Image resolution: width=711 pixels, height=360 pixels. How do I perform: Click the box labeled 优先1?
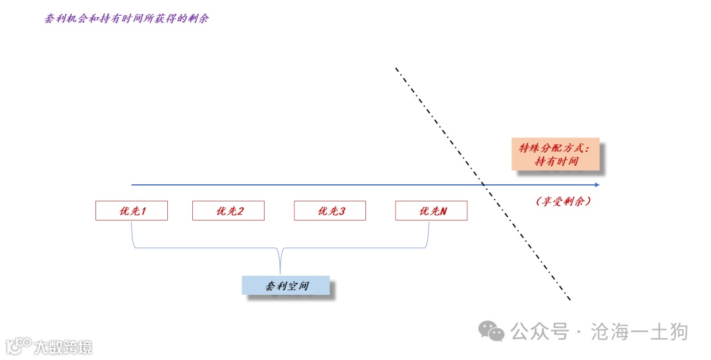pos(132,211)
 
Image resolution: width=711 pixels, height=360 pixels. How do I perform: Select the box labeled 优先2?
pos(228,211)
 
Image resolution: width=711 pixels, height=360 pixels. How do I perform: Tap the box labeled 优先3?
pos(330,211)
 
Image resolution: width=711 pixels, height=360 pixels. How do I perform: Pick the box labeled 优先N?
pos(431,211)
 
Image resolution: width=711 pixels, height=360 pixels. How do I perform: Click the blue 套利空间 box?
pos(286,285)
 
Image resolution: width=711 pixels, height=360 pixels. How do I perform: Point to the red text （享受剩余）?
pos(563,201)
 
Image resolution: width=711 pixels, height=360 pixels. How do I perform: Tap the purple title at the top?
pos(126,18)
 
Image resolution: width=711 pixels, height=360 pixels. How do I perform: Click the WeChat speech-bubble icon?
pos(491,330)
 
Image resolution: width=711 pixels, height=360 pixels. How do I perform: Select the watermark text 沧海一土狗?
pos(640,331)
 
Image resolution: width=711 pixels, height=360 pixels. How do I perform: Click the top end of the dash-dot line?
pos(396,68)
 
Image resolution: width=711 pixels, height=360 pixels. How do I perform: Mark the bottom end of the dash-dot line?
pos(570,300)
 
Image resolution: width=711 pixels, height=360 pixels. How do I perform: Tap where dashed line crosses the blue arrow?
pos(485,185)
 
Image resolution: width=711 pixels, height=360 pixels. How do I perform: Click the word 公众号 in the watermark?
pos(539,331)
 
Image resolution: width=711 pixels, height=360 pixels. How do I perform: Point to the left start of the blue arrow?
pos(132,185)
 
